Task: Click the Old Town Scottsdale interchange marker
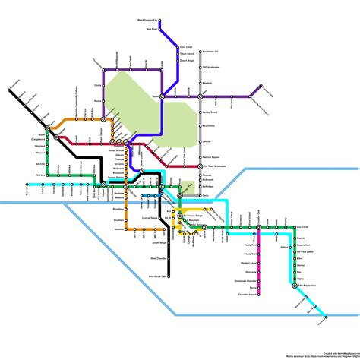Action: [x=201, y=166]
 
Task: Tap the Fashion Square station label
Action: [x=213, y=156]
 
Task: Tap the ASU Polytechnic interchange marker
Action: [x=294, y=287]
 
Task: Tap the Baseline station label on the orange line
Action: [x=118, y=229]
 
